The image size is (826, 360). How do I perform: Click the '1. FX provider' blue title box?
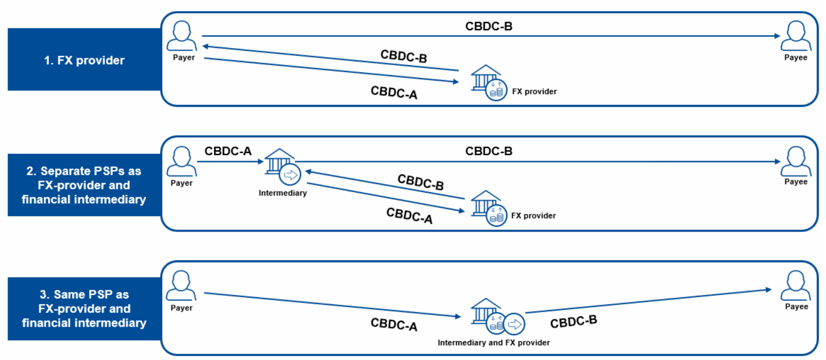(x=84, y=60)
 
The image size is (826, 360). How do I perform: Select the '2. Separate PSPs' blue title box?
(x=84, y=185)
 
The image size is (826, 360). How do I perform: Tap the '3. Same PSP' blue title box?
(x=84, y=309)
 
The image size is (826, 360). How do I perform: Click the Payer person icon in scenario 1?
(x=182, y=36)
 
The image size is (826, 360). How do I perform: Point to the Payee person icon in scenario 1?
(x=796, y=36)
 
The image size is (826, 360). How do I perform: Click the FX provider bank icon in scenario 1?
(x=489, y=83)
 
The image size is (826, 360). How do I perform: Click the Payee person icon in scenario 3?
(x=796, y=286)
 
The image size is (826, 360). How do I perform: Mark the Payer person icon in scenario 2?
(x=181, y=162)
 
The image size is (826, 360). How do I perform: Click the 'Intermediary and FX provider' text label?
(x=493, y=343)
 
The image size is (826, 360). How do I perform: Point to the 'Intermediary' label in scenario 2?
(x=282, y=193)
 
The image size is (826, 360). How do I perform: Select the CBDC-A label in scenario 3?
(x=394, y=325)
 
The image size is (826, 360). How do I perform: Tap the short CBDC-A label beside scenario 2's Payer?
(x=228, y=151)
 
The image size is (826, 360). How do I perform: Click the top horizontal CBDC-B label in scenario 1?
(x=489, y=26)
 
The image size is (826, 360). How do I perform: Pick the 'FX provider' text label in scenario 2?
(x=533, y=216)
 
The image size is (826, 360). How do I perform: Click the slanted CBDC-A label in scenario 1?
(x=394, y=93)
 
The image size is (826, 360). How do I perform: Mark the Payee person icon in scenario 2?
(x=796, y=162)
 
